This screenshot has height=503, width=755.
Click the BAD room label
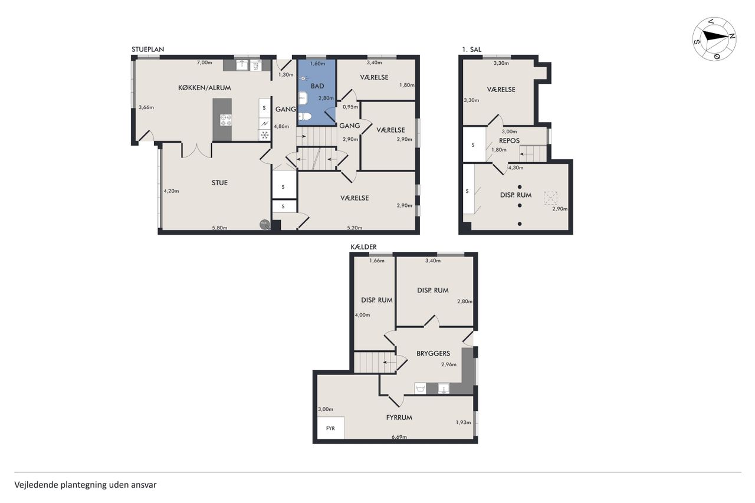coord(317,86)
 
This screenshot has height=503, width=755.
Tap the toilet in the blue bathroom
coord(304,117)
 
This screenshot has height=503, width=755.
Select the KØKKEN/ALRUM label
coord(204,88)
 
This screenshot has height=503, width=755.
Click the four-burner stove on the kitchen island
coord(225,120)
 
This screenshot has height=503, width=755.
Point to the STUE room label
coord(220,183)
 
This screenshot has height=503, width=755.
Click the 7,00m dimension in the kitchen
coord(205,63)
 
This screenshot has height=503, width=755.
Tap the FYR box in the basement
coord(331,428)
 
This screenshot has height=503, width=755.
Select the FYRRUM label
coord(399,417)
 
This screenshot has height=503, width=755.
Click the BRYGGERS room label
coord(433,353)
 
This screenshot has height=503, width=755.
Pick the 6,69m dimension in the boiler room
coord(399,437)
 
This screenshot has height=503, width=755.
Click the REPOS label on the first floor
coord(509,140)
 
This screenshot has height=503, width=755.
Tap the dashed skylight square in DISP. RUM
coord(550,198)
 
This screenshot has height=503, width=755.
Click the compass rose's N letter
coord(732,37)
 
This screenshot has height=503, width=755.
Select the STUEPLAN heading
coord(147,49)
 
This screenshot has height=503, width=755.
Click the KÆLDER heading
coord(364,247)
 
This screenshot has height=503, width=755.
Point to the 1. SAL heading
coord(472,50)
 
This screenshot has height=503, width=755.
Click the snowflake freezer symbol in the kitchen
coord(265,135)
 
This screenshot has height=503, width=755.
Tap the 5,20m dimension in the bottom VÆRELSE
coord(354,228)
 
